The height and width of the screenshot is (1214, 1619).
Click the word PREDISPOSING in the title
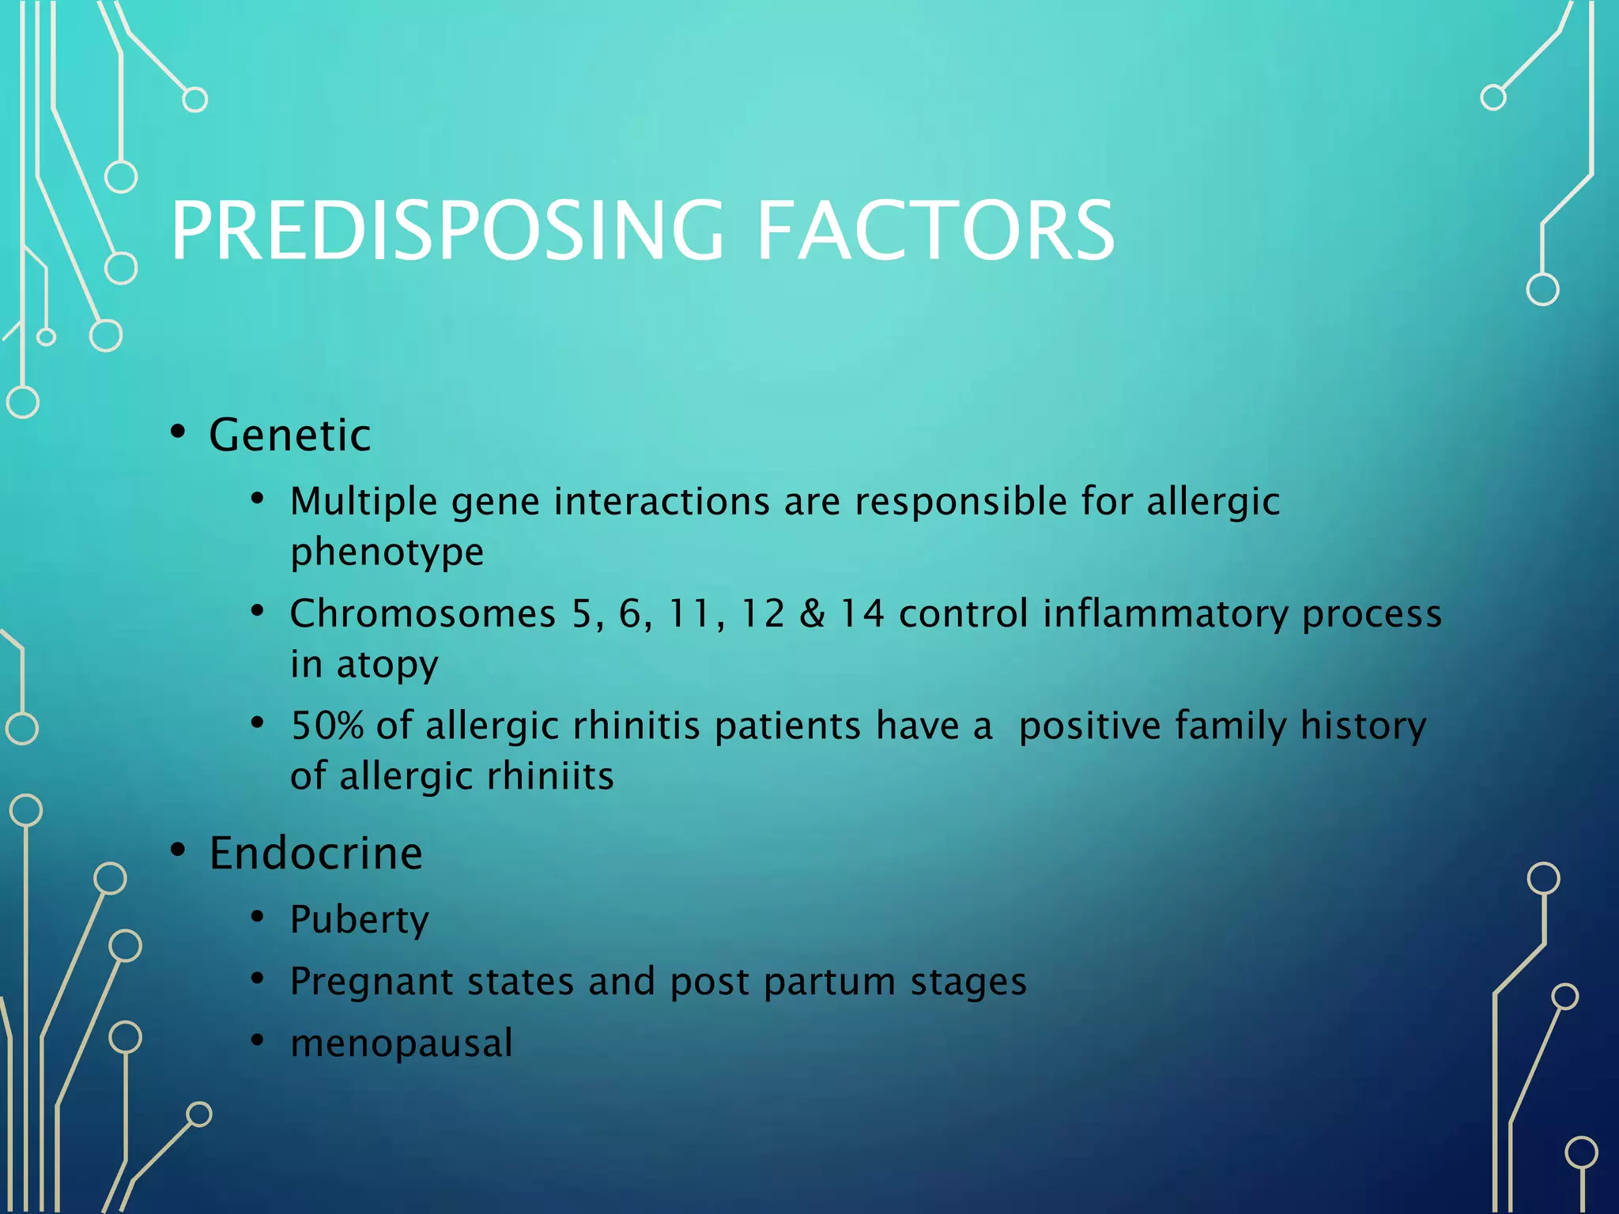click(x=447, y=231)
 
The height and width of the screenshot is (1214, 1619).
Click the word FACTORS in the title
click(x=935, y=231)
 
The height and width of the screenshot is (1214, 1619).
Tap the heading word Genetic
click(x=289, y=435)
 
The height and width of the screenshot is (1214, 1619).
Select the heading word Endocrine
click(x=315, y=854)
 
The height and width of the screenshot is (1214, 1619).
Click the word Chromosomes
click(x=423, y=614)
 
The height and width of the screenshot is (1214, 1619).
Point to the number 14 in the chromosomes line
click(x=862, y=614)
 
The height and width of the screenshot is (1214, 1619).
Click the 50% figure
click(x=326, y=726)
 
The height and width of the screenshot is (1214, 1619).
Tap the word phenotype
click(x=387, y=552)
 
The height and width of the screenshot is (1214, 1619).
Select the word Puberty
click(x=359, y=920)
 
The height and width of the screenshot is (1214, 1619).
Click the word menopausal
click(x=402, y=1043)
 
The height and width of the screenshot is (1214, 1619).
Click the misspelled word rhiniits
click(x=549, y=776)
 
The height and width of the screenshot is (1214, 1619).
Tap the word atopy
click(x=387, y=665)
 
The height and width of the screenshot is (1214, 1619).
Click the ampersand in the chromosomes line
click(x=812, y=614)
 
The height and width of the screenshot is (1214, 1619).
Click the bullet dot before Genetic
click(x=178, y=432)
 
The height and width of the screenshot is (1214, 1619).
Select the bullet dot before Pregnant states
click(x=257, y=979)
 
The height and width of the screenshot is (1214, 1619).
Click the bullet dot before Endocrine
click(x=178, y=850)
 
